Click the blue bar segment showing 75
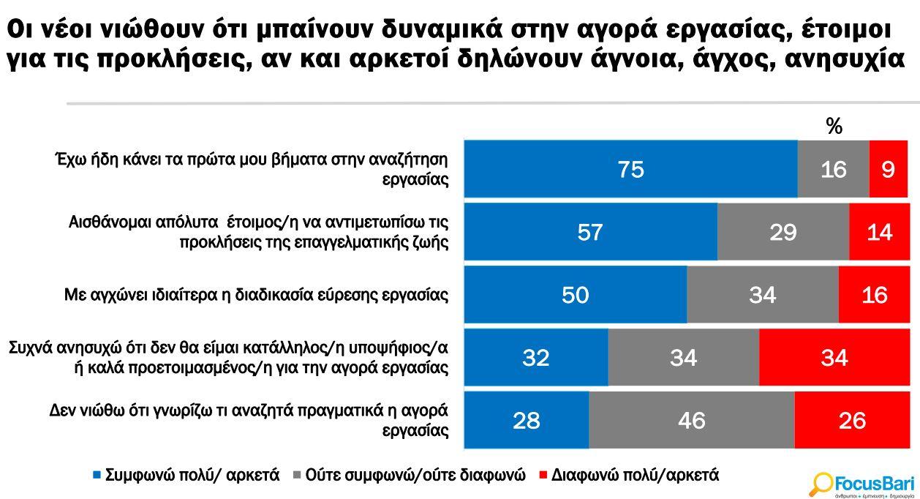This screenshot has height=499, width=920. [630, 169]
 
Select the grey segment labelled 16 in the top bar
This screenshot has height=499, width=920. [833, 169]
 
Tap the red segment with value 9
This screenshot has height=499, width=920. [888, 169]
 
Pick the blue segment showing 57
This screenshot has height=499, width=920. [590, 232]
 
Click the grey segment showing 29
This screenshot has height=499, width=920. [783, 232]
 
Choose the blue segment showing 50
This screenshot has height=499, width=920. [575, 295]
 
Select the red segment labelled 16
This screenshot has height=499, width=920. [874, 295]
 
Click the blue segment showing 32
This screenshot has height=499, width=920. [535, 358]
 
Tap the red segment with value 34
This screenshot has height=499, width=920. [834, 358]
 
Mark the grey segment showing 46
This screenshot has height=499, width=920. [691, 421]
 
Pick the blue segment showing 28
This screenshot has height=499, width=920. [526, 421]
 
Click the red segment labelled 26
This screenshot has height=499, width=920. [852, 421]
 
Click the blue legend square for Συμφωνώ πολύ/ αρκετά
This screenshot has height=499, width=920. [97, 475]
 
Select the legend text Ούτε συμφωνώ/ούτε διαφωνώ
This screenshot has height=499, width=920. [415, 475]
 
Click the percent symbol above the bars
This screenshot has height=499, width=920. [834, 127]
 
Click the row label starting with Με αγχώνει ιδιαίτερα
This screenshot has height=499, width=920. [256, 295]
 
